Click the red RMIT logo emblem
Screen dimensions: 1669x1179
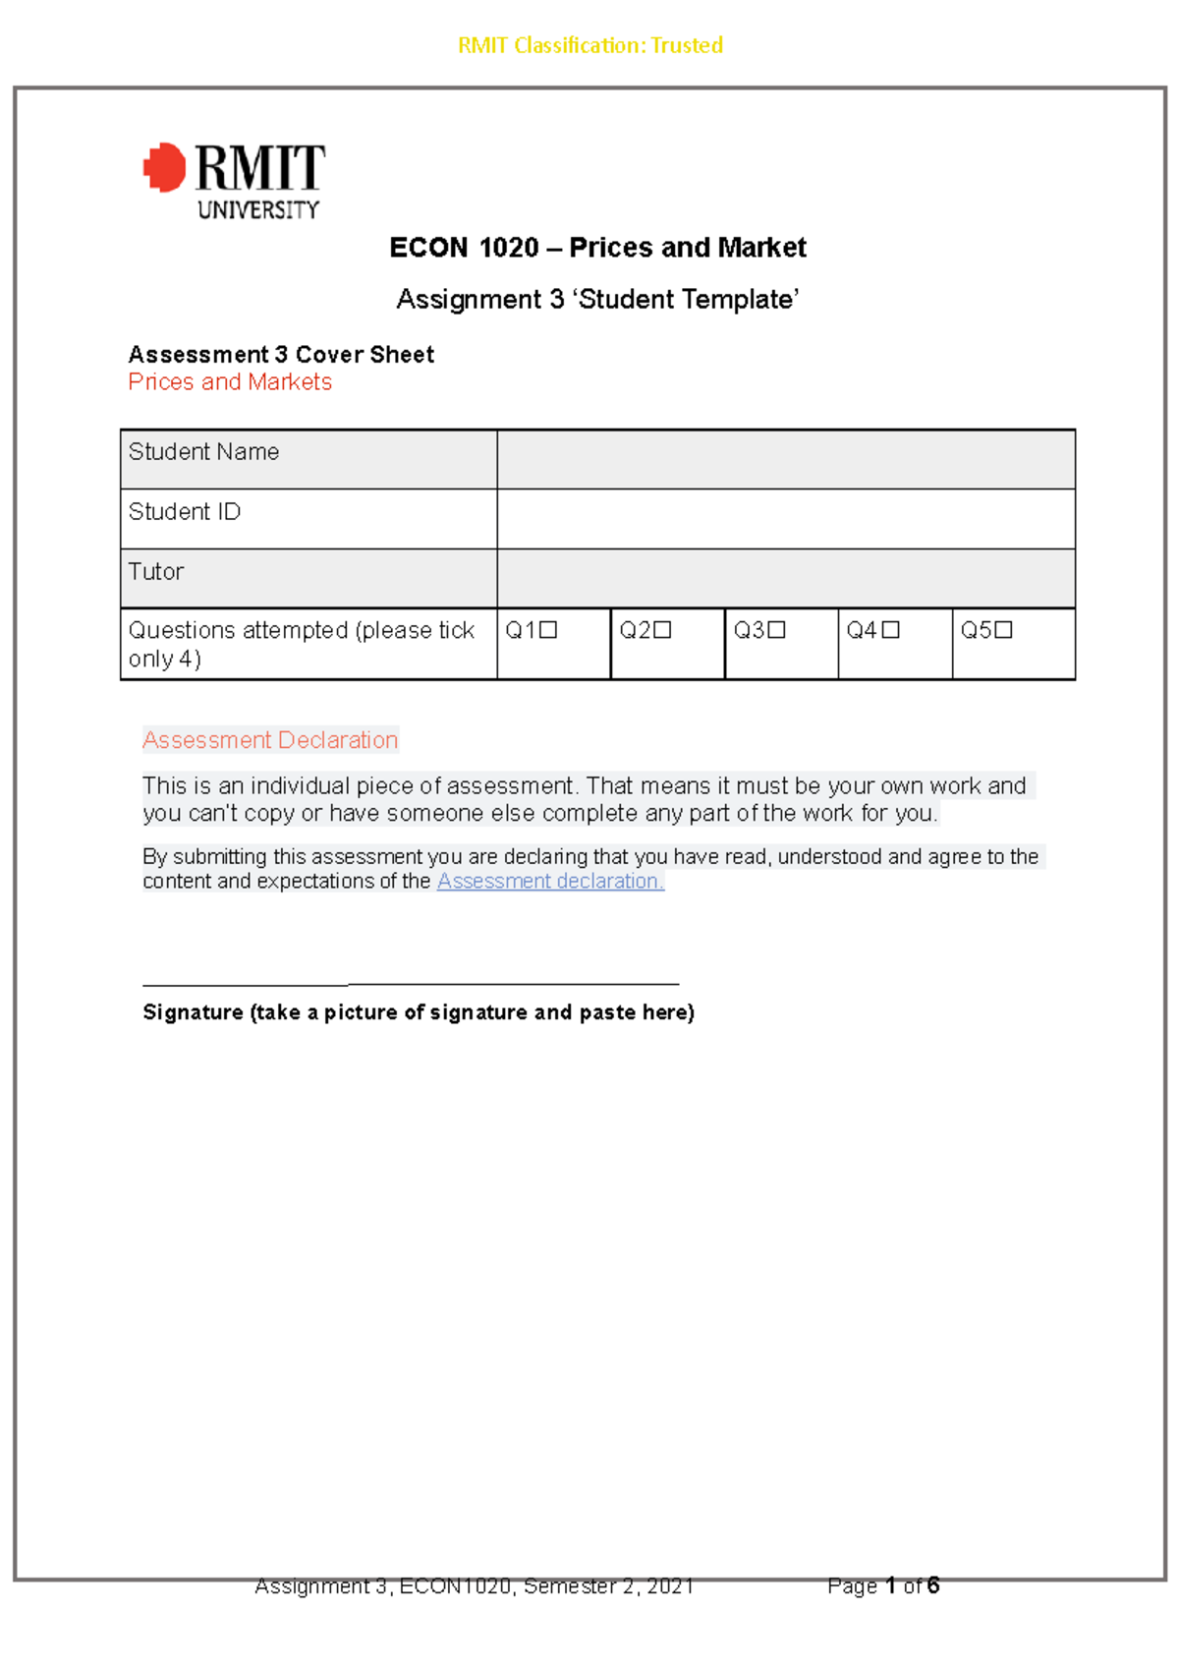click(165, 167)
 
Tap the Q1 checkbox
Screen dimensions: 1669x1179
click(548, 630)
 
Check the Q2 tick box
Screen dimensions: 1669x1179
click(662, 630)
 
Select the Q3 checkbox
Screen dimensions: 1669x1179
click(776, 630)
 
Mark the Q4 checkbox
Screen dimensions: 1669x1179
click(890, 630)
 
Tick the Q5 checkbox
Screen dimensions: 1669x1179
click(1003, 630)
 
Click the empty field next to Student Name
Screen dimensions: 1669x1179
click(785, 459)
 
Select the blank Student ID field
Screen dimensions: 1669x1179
click(785, 519)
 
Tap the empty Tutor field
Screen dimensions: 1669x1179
click(785, 578)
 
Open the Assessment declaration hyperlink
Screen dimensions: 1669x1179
click(550, 882)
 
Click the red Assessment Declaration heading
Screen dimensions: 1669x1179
click(270, 740)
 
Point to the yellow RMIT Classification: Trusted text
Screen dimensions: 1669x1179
click(590, 45)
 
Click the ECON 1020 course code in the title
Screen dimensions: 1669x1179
click(464, 248)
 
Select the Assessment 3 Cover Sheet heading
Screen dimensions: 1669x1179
click(281, 355)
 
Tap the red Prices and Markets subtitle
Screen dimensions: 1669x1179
click(230, 382)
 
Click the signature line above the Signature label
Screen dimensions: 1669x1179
click(411, 983)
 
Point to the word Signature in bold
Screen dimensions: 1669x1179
click(193, 1012)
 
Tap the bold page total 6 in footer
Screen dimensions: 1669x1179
click(932, 1585)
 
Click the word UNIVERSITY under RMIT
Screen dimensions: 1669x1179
click(258, 209)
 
